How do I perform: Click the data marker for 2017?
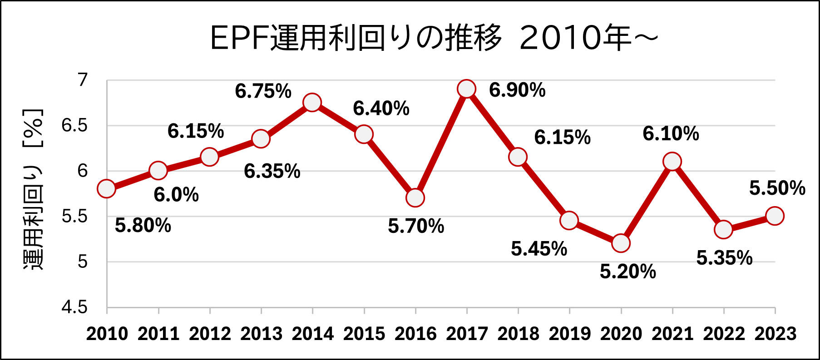[467, 89]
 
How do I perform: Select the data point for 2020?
[621, 243]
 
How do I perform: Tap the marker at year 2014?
[312, 103]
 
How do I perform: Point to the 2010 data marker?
[107, 189]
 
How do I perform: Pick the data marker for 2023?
[775, 216]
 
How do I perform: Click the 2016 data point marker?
[415, 198]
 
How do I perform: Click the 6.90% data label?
[517, 90]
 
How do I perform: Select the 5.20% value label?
[628, 271]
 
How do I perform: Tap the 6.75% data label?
[263, 91]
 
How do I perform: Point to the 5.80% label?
[143, 226]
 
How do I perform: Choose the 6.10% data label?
[671, 134]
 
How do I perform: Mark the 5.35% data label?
[725, 258]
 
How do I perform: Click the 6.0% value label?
[176, 195]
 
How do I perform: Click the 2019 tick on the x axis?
[569, 334]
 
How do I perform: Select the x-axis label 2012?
[210, 334]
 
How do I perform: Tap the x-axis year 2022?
[724, 334]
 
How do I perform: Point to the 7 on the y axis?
[82, 80]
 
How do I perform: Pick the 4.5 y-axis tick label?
[74, 307]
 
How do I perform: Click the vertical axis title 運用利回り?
[33, 218]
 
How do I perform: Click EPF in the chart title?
[240, 38]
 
